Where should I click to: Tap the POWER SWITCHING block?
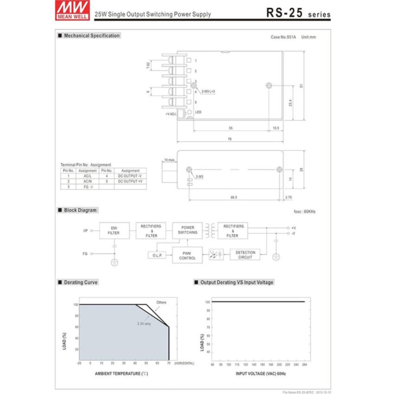(187, 230)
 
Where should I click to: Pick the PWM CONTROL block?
(187, 255)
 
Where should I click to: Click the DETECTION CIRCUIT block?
(245, 254)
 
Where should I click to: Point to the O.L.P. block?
(156, 255)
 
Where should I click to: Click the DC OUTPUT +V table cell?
(130, 181)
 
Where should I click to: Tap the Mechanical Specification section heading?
(91, 36)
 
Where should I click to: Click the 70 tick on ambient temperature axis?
(168, 363)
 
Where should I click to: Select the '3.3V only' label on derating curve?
(144, 324)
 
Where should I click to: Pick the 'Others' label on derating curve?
(161, 302)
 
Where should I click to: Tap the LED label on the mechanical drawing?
(198, 112)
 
